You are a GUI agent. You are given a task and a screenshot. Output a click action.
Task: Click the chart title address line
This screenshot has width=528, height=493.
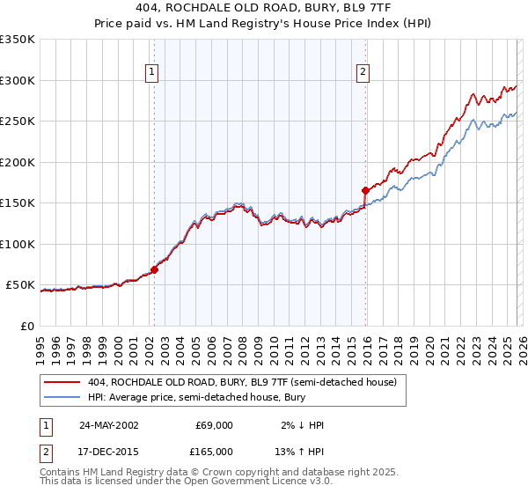click(264, 9)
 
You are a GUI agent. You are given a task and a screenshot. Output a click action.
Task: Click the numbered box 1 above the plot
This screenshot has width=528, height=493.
click(153, 74)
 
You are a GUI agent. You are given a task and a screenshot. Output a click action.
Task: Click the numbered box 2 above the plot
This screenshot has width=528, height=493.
click(363, 74)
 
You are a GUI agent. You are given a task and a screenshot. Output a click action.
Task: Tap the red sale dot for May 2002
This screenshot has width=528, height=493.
click(155, 269)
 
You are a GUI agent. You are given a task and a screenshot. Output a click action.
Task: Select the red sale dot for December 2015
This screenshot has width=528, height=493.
click(366, 190)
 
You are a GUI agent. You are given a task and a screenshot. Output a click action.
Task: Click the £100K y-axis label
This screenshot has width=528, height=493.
click(18, 244)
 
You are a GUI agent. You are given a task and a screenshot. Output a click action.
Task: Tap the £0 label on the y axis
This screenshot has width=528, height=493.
click(26, 326)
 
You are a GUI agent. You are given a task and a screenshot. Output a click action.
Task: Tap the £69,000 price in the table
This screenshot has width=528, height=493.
click(214, 425)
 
